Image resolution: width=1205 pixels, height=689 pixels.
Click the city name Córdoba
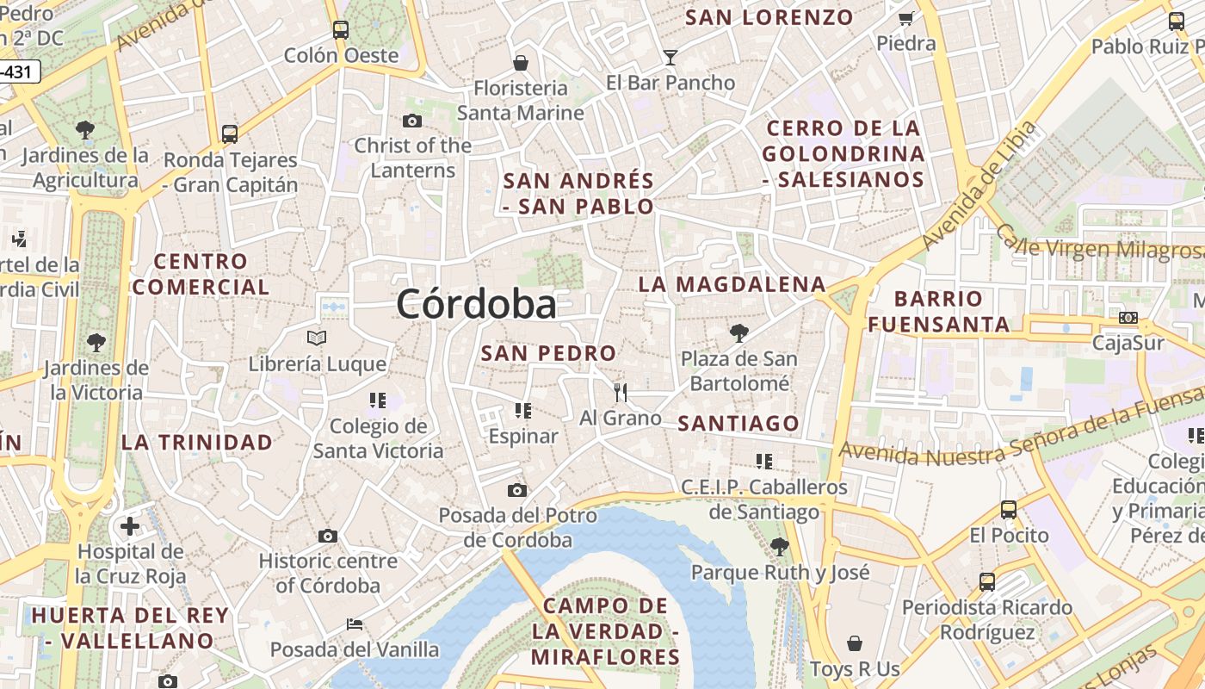point(476,304)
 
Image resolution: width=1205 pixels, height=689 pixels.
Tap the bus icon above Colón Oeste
point(341,30)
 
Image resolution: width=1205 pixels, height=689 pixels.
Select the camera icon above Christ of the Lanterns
point(412,121)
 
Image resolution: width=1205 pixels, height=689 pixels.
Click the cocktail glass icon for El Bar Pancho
point(670,58)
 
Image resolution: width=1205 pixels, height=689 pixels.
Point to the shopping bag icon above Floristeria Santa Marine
point(520,62)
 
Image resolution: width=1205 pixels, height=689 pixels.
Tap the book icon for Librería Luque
point(317,338)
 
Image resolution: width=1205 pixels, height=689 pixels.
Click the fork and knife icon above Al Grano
point(621,393)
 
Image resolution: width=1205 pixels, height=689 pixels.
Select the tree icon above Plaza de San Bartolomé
point(738,332)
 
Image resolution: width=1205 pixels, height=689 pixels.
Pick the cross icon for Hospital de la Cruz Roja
point(130,525)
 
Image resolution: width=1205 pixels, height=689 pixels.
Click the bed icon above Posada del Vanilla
point(354,624)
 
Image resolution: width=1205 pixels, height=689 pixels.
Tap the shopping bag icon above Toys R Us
point(855,643)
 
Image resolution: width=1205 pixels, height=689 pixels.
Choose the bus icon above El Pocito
point(1009,510)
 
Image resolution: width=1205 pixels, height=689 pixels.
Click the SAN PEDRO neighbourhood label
point(548,353)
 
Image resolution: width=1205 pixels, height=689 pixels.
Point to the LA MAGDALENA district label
point(732,284)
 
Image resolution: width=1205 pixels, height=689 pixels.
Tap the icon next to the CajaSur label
point(1128,318)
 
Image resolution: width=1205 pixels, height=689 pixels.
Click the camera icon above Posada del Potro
point(516,491)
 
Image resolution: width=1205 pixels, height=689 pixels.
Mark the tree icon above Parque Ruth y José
point(780,546)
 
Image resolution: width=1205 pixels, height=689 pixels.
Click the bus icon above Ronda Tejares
point(229,134)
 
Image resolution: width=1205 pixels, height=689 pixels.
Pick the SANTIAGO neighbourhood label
point(738,423)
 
